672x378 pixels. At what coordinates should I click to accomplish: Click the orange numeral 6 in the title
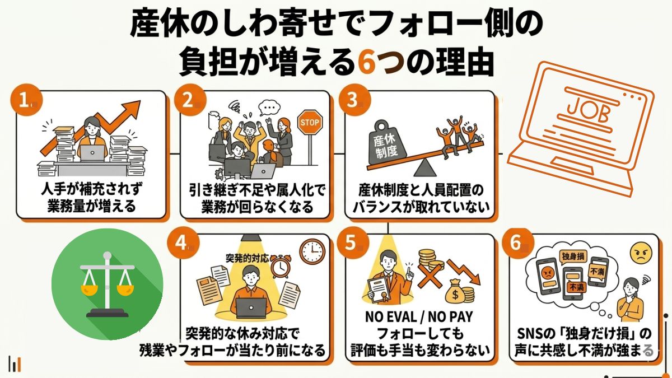tap(369, 63)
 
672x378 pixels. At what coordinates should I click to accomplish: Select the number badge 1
tap(25, 101)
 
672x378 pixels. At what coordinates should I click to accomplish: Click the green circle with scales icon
tap(108, 284)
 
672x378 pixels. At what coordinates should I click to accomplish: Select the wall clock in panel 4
tap(312, 252)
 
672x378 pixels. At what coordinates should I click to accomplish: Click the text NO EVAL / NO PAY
tap(419, 318)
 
